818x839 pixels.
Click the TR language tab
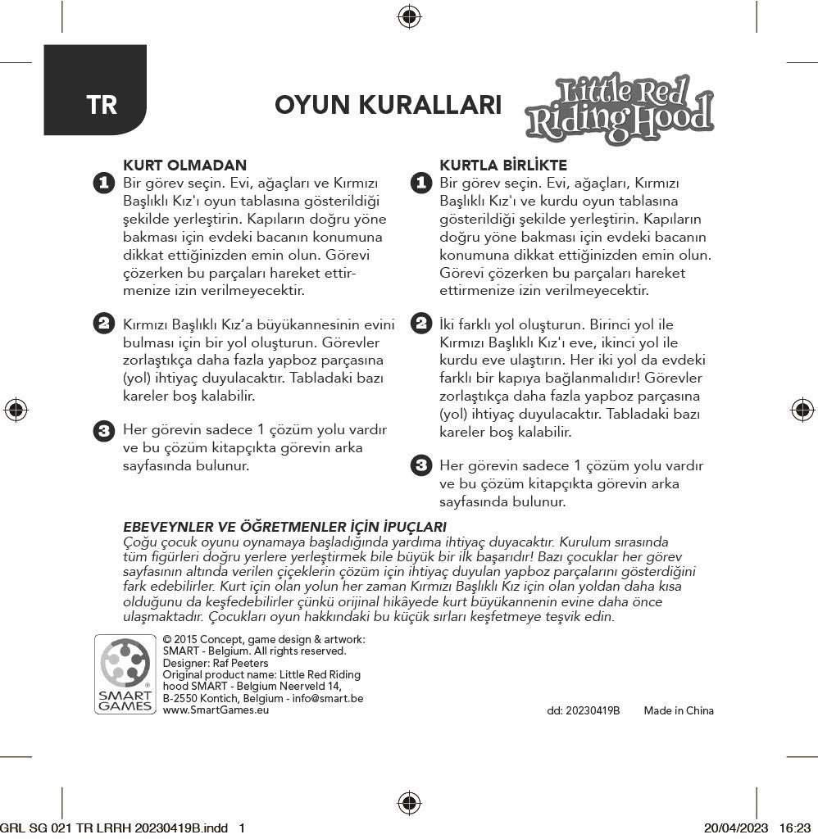102,105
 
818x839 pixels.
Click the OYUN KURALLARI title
388,106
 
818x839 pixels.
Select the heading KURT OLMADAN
184,166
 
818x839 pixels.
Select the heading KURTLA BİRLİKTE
503,166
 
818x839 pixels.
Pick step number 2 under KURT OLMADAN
103,324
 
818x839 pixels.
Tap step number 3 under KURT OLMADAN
103,430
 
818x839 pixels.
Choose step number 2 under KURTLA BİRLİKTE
420,324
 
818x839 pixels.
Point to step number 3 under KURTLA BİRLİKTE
420,466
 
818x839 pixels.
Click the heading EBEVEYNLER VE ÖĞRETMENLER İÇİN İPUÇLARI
284,526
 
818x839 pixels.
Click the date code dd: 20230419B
583,710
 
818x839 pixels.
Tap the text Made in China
679,710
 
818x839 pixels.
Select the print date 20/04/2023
735,828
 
